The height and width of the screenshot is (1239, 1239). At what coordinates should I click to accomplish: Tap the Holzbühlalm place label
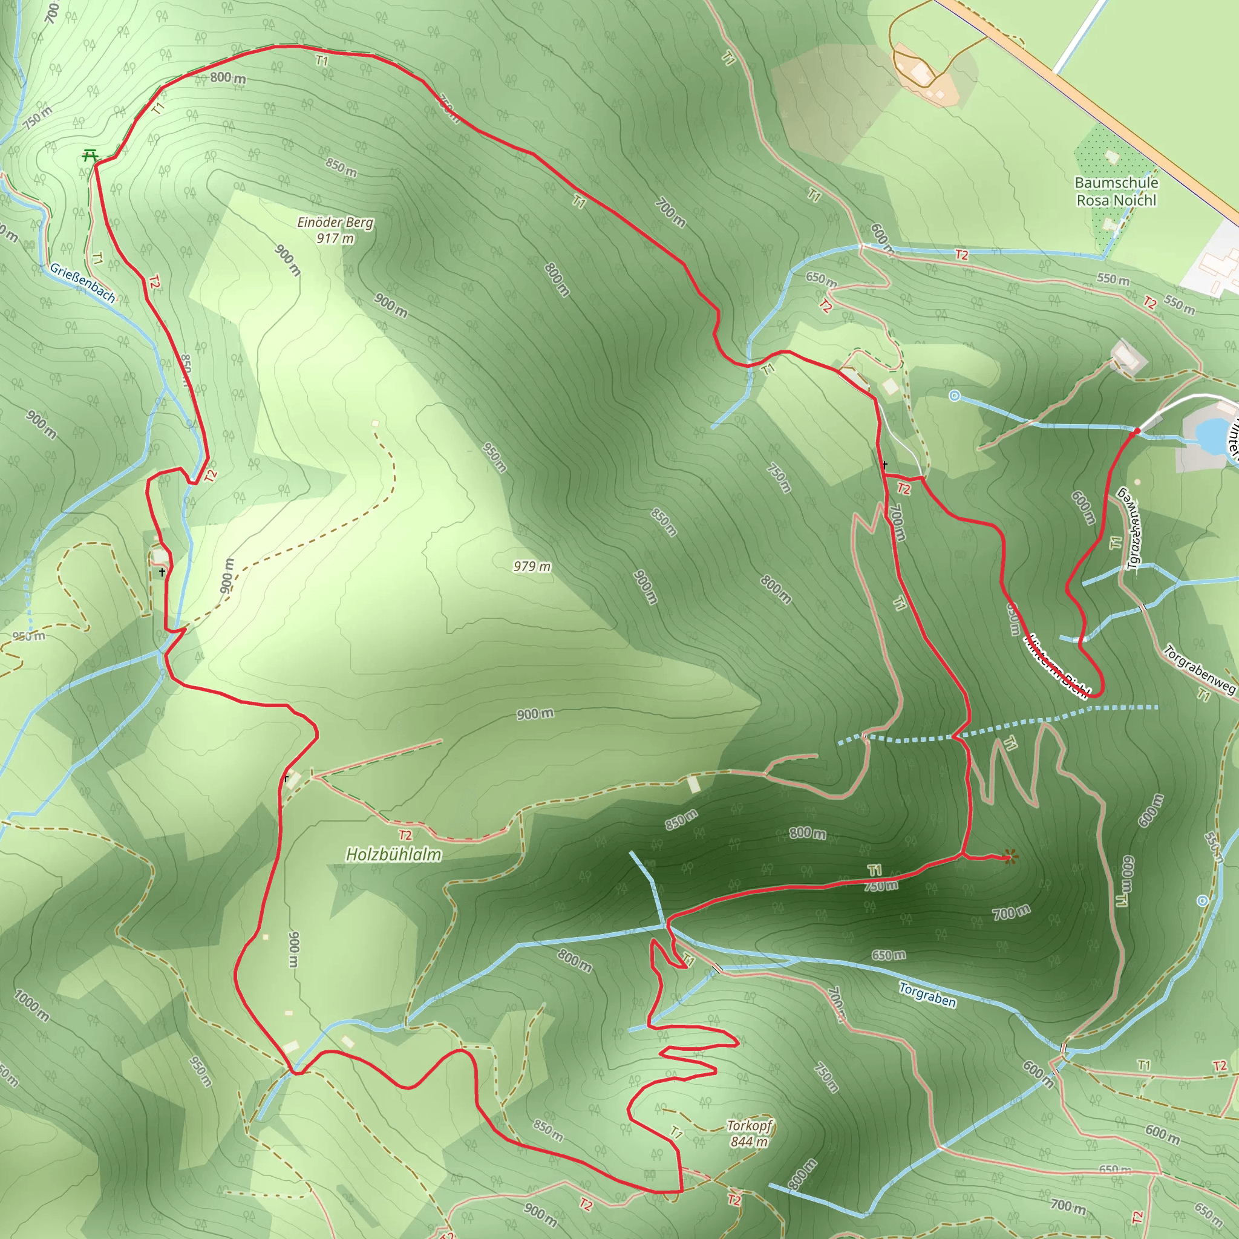point(393,854)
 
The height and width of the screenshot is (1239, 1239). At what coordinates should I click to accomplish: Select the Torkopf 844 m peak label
point(748,1133)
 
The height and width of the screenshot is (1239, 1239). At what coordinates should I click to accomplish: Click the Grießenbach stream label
point(83,283)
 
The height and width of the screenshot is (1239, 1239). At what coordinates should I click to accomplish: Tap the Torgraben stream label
point(927,995)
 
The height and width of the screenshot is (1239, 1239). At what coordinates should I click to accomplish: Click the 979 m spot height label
point(532,566)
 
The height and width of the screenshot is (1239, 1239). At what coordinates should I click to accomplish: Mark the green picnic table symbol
point(90,155)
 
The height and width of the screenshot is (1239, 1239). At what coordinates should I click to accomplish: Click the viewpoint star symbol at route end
point(1011,856)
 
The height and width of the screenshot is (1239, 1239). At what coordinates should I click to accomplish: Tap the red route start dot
point(1136,431)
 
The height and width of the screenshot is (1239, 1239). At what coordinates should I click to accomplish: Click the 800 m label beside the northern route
point(227,77)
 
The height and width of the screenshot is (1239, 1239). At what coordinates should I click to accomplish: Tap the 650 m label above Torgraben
point(888,955)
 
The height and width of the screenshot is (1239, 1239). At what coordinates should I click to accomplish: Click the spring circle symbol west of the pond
point(954,396)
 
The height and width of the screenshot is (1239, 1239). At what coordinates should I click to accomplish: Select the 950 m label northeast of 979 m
point(495,457)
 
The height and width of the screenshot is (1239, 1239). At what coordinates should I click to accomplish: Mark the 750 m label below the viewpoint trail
point(880,886)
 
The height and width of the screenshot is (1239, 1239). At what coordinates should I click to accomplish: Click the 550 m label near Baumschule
point(1113,279)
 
